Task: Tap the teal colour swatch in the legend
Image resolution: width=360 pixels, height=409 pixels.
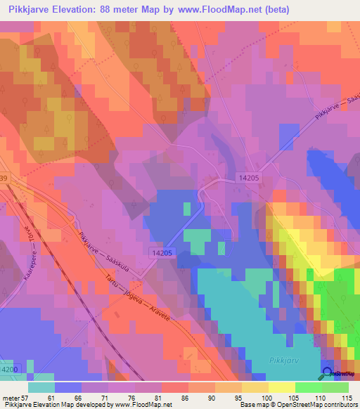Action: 41,387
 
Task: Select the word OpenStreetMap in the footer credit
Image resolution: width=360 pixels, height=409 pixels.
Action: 292,405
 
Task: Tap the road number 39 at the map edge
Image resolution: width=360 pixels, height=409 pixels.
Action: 4,179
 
